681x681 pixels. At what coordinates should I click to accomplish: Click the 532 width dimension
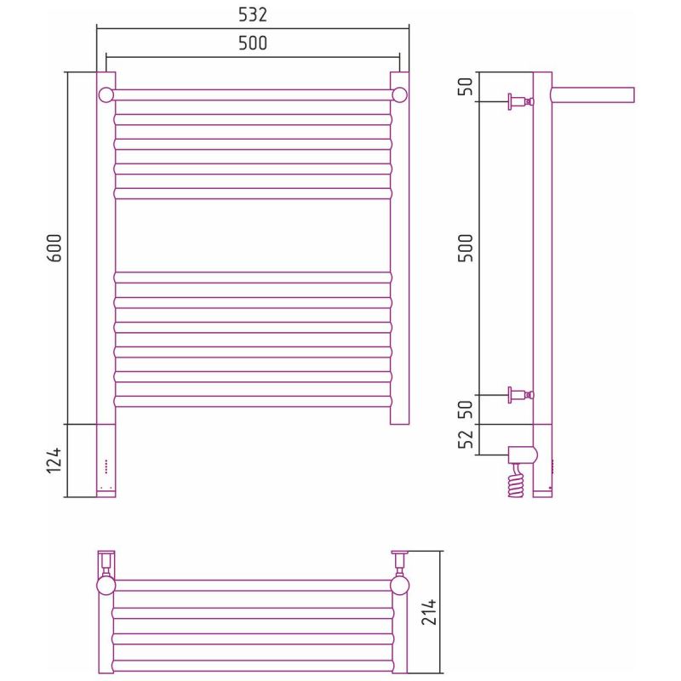tap(253, 14)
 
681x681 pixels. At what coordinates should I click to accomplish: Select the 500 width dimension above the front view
tap(253, 43)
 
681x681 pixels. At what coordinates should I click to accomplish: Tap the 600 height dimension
tap(54, 248)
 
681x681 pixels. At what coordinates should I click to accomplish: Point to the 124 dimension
tap(54, 461)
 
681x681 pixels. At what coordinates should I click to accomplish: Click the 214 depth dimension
tap(429, 612)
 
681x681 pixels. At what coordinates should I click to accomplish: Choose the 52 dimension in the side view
tap(466, 439)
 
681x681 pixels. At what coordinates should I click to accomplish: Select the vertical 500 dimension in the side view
tap(466, 248)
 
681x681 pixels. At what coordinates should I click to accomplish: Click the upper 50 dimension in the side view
tap(466, 87)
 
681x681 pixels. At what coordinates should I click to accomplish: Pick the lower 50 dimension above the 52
tap(466, 409)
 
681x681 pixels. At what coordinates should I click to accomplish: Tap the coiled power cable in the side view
tap(517, 481)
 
